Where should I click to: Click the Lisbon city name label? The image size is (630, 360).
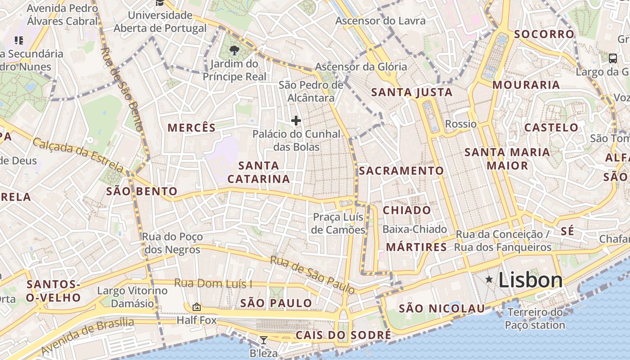pos(531,280)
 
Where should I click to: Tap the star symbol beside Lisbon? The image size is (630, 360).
pos(489,279)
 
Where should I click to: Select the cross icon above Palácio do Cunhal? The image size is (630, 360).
pos(296,121)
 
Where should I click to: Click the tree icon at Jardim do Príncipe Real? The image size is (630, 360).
pos(234,50)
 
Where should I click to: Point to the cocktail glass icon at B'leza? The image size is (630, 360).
pos(264,340)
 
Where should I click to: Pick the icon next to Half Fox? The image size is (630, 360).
pos(197,307)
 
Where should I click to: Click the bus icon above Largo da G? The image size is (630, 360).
pos(612,58)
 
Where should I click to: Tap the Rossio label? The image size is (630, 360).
pos(460,124)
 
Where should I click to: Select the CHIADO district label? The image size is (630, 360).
pos(407,210)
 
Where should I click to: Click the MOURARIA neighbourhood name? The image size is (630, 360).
pos(526,85)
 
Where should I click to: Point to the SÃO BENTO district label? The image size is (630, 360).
pos(142,192)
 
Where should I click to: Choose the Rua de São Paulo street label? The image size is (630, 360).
pos(312,275)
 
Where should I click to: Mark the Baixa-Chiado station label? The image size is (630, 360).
pos(414,229)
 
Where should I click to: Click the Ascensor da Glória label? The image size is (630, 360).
pos(360,67)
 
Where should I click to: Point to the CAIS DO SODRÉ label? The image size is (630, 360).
pos(343,335)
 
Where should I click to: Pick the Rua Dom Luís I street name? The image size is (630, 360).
pos(213,283)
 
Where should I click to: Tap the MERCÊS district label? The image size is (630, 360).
pos(192,128)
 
